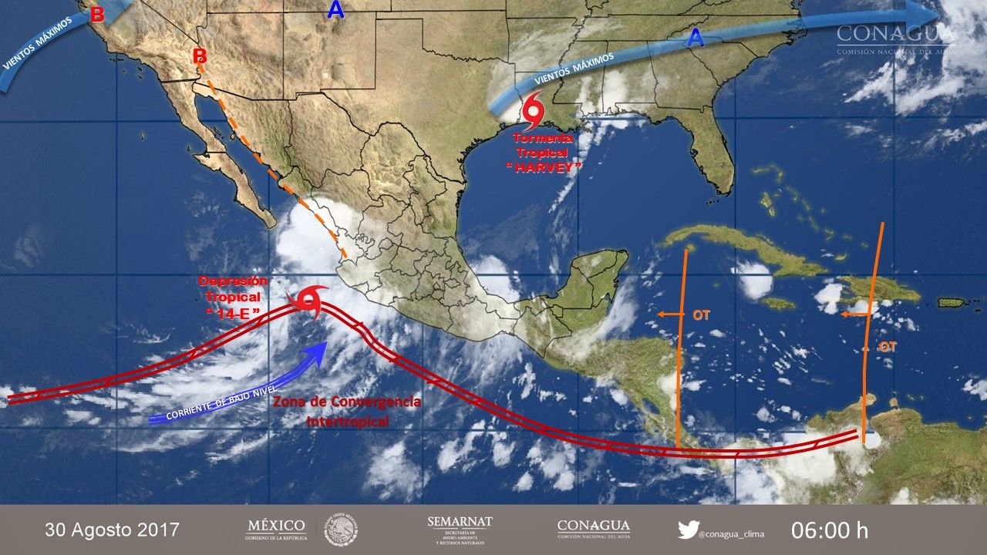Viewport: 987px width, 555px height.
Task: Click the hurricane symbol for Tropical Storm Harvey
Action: pos(534,113)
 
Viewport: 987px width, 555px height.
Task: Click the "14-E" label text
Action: pos(236,312)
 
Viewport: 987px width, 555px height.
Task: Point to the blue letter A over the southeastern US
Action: pos(696,39)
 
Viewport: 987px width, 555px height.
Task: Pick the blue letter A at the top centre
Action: pos(335,10)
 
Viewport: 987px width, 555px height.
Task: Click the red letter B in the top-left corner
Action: pos(97,15)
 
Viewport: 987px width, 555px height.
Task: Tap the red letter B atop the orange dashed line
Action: pos(200,55)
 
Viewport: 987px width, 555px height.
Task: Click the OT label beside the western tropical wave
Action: pos(701,314)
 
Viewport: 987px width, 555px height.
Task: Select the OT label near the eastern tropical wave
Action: pos(888,347)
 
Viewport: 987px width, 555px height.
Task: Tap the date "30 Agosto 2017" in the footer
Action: pos(112,530)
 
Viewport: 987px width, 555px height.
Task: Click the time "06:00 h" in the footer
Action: pos(830,530)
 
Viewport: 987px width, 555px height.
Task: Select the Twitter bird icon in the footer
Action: pos(688,530)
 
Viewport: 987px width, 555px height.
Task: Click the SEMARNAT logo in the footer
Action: pos(460,530)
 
